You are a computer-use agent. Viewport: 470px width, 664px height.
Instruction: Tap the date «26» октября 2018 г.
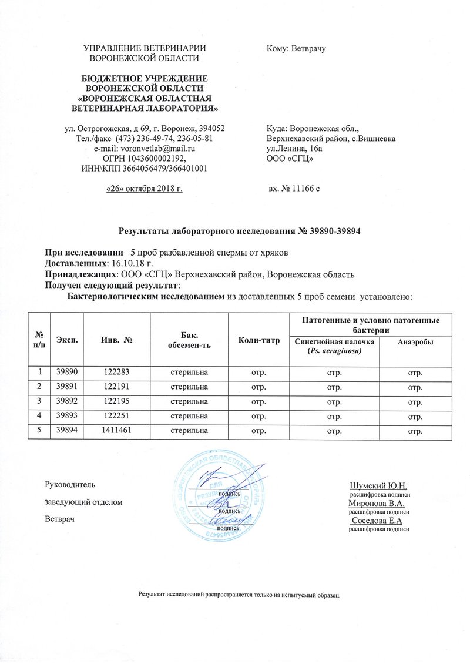143,188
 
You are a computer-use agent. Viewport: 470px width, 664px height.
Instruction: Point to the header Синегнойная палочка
334,342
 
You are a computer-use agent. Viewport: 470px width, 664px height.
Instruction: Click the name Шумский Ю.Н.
382,486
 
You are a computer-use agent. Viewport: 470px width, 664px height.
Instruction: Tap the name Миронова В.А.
380,503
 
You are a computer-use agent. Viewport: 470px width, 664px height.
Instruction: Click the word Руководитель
66,485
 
